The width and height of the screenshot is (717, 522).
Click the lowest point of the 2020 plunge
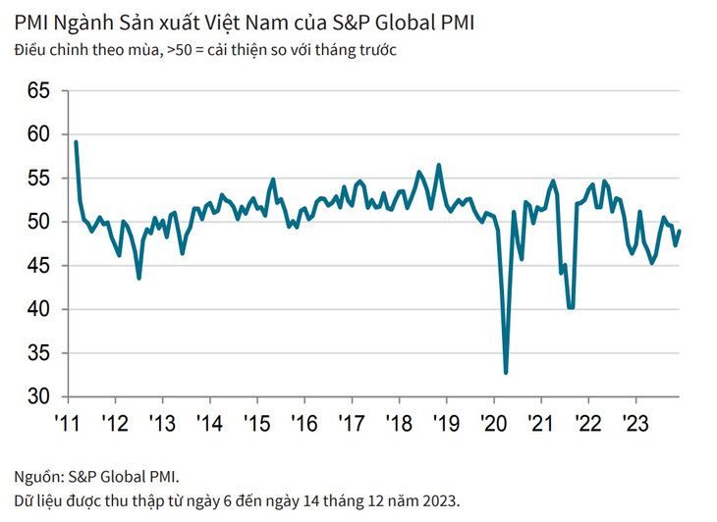[x=507, y=372]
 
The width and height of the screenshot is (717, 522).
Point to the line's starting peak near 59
[x=76, y=143]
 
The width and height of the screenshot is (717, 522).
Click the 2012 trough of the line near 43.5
[x=138, y=278]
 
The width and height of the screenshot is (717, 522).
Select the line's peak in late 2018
[x=438, y=165]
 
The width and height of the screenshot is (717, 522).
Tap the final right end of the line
[x=680, y=231]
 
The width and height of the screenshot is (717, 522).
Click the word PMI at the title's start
[x=30, y=22]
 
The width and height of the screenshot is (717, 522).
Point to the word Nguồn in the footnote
[x=36, y=478]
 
